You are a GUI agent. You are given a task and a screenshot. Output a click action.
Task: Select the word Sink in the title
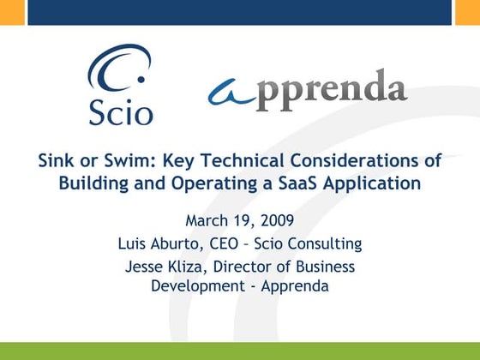(53, 160)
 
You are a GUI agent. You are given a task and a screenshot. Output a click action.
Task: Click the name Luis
(132, 244)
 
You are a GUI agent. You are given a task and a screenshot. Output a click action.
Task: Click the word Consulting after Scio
(326, 244)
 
